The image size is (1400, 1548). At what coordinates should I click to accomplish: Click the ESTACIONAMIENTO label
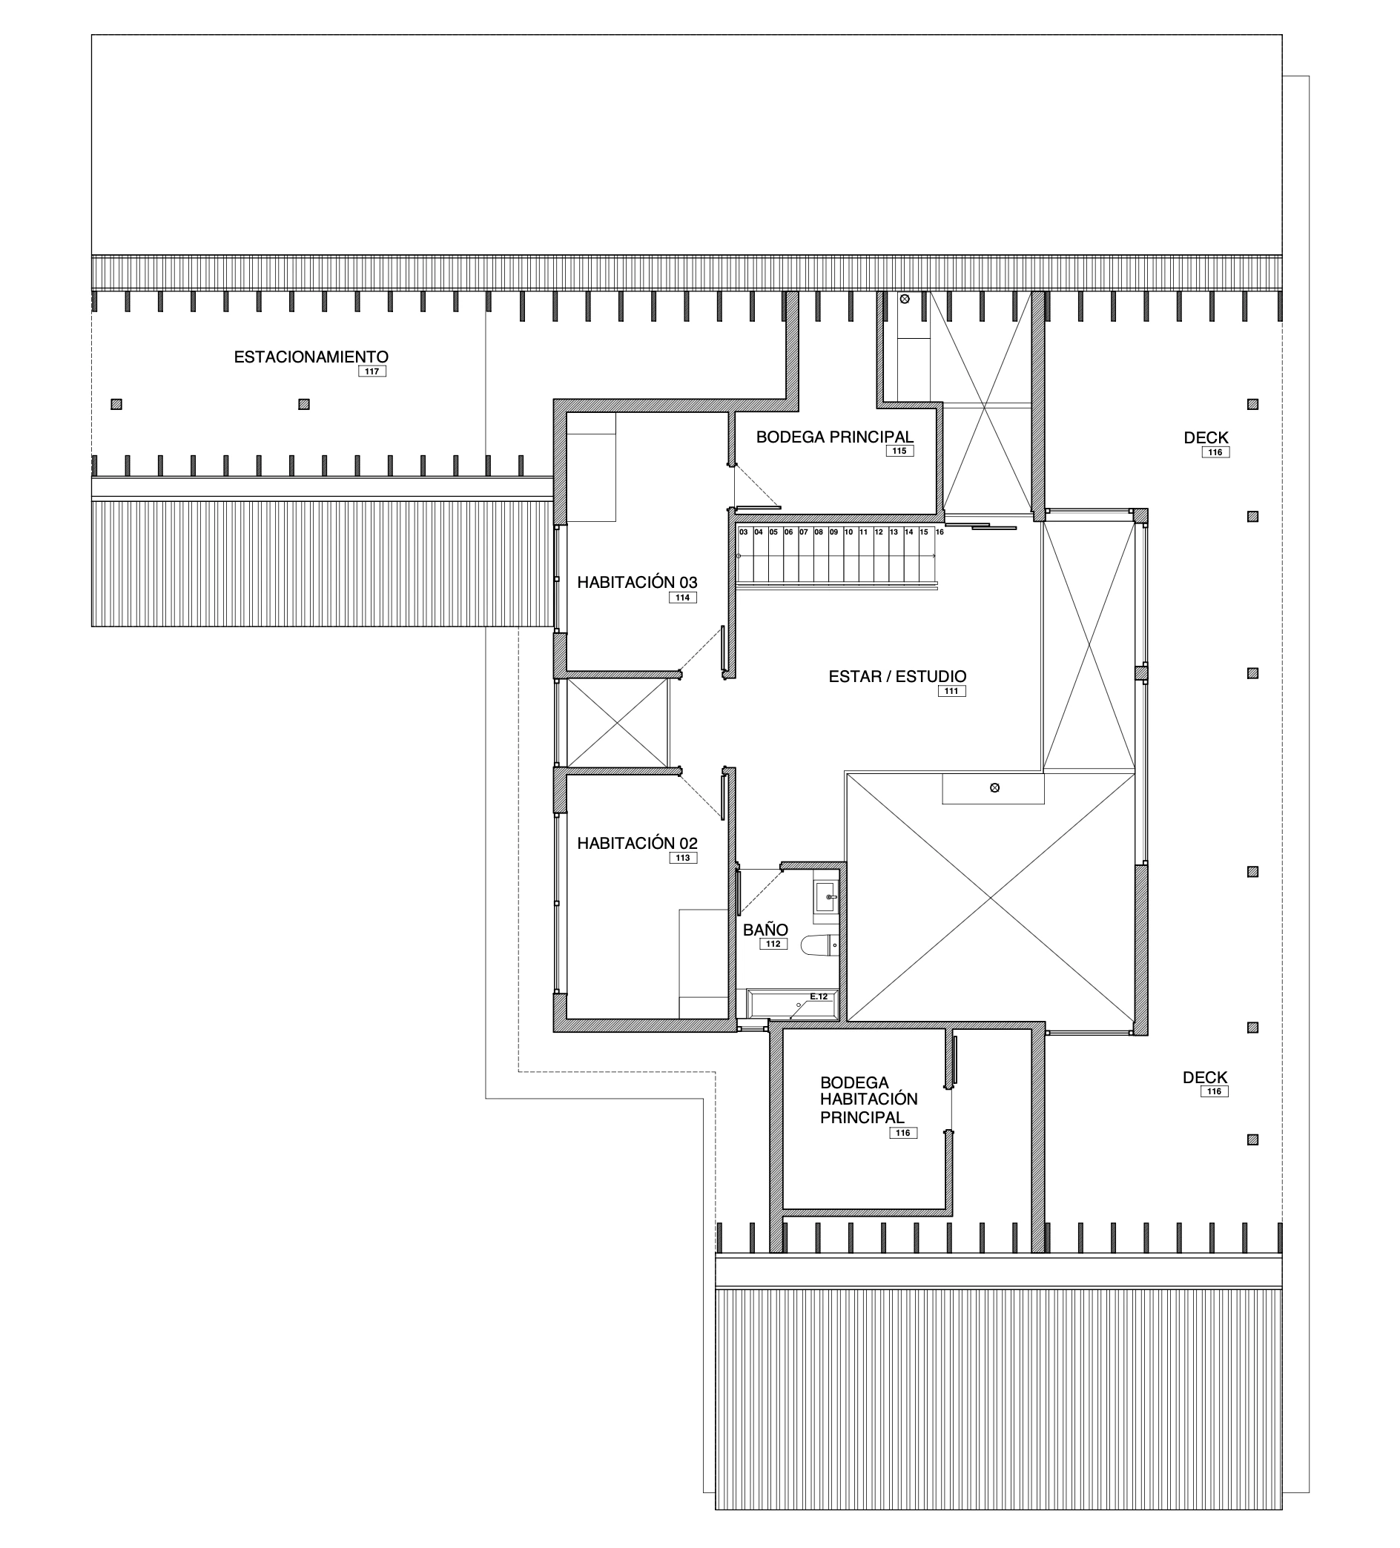311,357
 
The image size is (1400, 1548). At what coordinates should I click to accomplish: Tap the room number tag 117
372,371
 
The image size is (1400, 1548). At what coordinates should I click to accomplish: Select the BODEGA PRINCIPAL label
835,437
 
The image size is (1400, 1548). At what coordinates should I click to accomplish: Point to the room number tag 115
899,451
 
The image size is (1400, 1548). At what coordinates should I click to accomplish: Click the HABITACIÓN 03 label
638,582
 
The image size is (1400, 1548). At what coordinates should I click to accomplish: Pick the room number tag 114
683,598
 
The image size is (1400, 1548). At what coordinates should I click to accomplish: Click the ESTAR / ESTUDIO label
897,676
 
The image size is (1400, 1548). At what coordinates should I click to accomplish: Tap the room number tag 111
951,691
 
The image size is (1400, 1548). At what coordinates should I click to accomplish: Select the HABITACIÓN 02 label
638,843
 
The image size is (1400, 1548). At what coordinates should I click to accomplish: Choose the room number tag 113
683,859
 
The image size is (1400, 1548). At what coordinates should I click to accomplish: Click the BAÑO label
765,930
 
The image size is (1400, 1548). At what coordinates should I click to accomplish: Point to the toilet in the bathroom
819,945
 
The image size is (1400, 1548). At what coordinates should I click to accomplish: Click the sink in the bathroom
825,896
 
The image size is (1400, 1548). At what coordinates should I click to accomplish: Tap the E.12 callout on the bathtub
819,996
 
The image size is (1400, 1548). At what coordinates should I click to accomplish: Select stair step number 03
744,532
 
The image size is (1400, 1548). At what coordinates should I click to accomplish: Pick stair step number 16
940,532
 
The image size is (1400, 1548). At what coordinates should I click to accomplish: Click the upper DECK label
1206,437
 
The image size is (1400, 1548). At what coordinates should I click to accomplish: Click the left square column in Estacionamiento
116,405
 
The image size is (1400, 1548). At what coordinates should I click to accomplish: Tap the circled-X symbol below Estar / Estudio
995,788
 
